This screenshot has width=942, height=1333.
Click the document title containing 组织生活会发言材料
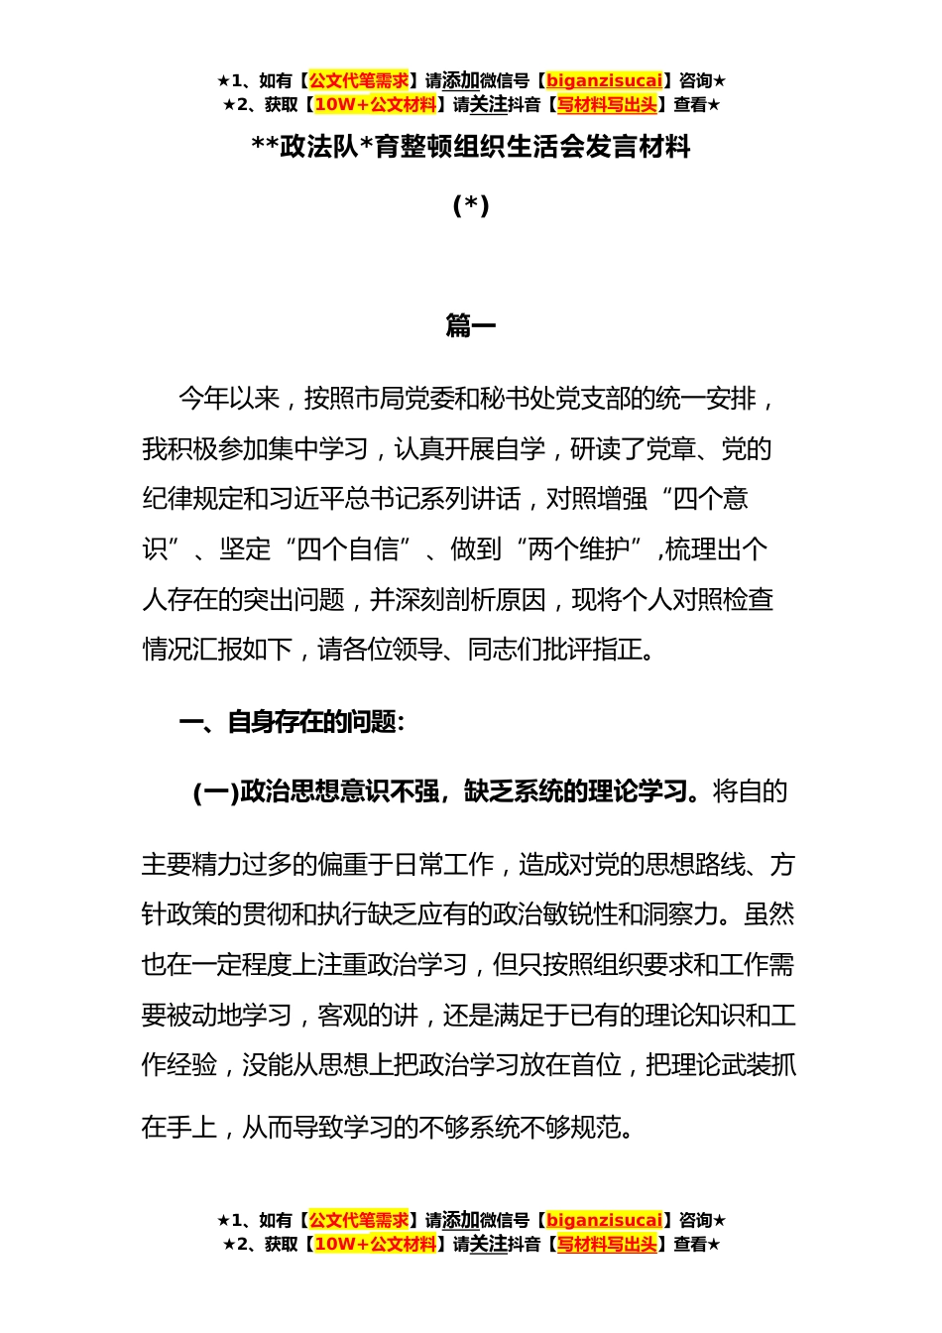point(471,148)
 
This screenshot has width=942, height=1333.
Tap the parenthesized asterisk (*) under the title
point(471,205)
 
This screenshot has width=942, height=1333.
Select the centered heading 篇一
point(471,326)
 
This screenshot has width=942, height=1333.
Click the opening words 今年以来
point(229,399)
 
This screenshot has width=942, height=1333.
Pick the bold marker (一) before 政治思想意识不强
point(215,791)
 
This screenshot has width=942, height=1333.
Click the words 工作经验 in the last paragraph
point(179,1065)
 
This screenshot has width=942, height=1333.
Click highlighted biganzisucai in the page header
point(604,81)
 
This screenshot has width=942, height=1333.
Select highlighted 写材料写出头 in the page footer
point(606,1244)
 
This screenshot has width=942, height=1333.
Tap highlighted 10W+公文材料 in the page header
point(375,104)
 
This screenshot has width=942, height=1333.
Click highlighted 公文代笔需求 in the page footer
point(359,1220)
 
